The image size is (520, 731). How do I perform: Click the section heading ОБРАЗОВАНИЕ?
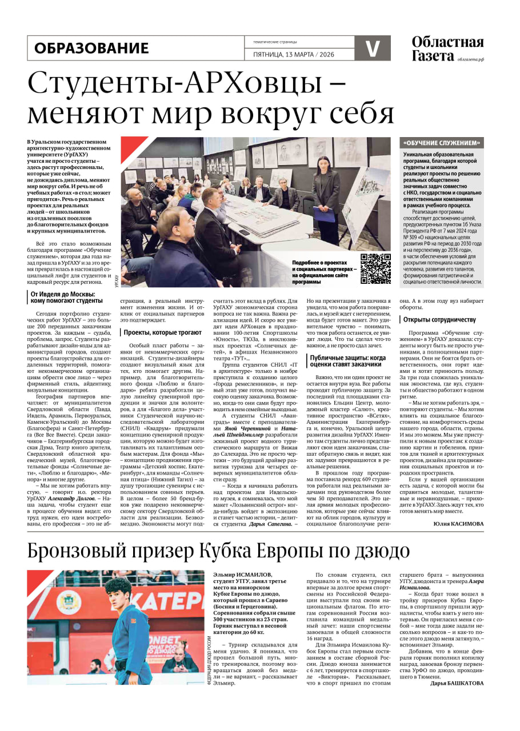tap(91, 48)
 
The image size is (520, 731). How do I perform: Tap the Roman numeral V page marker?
tap(373, 48)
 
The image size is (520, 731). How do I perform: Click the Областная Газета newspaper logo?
tap(447, 49)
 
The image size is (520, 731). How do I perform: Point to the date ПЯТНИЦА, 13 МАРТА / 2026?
tap(293, 54)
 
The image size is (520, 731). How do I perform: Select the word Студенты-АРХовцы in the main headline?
tap(170, 83)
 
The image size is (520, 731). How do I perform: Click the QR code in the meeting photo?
tap(375, 268)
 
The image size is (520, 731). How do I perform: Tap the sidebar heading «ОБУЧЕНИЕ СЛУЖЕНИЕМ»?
tap(442, 143)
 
